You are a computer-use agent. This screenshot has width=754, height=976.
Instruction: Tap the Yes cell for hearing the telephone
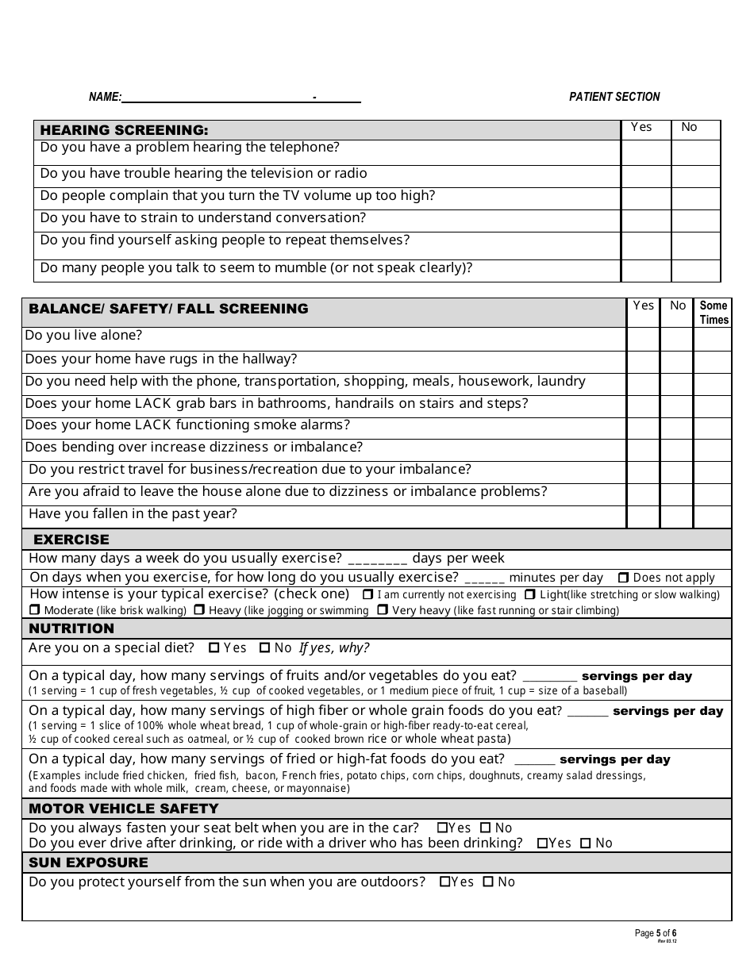click(646, 152)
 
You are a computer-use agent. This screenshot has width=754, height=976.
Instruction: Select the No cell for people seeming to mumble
click(695, 271)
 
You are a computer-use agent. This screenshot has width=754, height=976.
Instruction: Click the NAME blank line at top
click(217, 98)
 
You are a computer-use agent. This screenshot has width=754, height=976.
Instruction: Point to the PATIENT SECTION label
click(614, 97)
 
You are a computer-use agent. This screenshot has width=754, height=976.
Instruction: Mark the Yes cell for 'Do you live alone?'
click(643, 340)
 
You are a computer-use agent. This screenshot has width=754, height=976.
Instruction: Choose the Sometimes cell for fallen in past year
click(713, 517)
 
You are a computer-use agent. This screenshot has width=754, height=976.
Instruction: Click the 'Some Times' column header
click(714, 313)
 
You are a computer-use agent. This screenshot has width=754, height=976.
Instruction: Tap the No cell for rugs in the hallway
click(677, 362)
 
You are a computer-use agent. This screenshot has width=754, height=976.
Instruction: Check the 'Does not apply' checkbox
click(624, 578)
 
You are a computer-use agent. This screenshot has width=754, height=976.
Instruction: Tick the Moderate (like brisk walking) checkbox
click(34, 610)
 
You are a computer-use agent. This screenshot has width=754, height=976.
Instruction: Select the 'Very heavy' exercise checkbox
click(383, 610)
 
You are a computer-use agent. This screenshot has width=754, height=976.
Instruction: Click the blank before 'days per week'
click(377, 559)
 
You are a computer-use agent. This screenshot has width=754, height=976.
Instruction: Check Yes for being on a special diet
click(214, 648)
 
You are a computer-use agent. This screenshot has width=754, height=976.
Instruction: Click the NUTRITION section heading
click(71, 628)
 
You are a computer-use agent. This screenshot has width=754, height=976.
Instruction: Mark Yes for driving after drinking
click(542, 843)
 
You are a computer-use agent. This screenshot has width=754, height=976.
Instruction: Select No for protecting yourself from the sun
click(489, 882)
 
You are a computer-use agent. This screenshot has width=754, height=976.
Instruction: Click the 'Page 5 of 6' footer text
click(656, 933)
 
